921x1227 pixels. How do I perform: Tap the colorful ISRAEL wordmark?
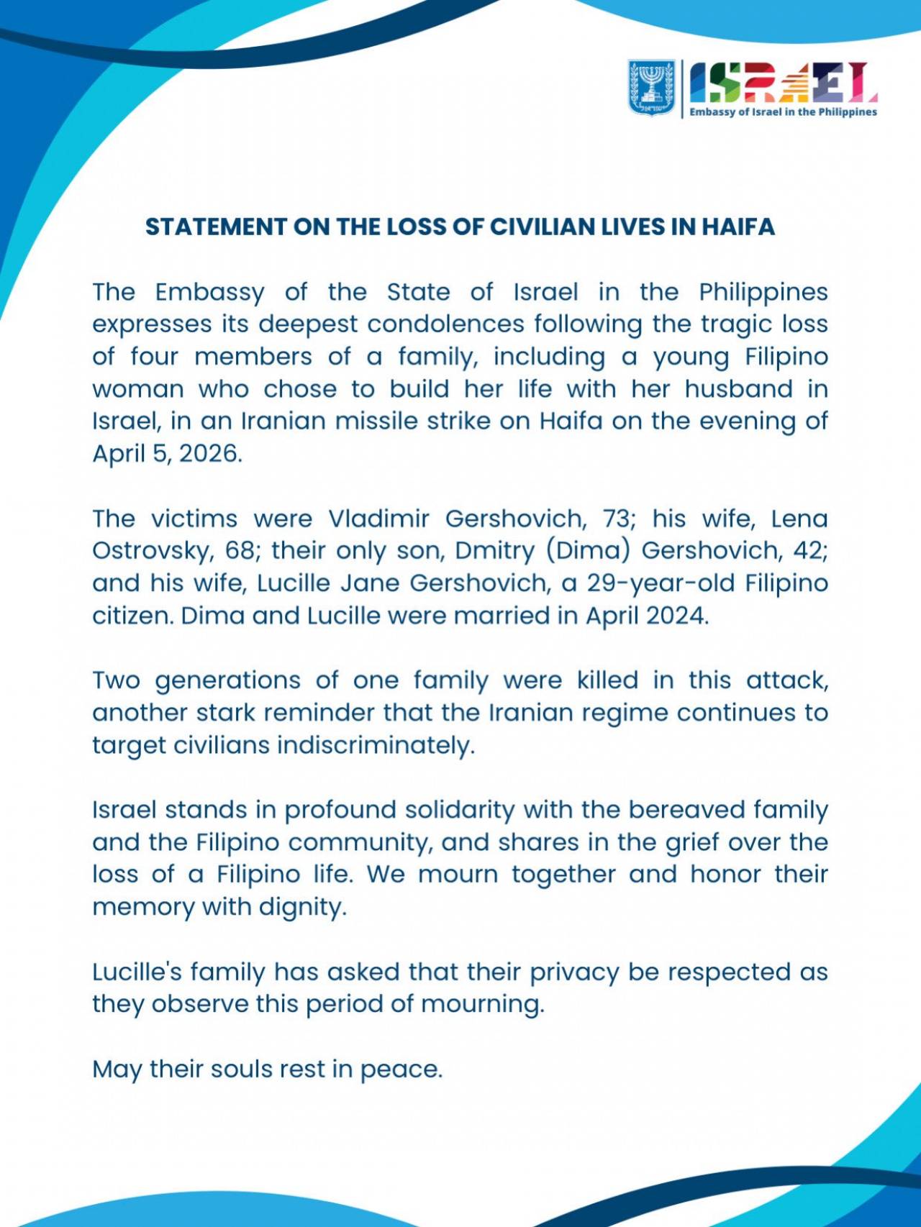[783, 83]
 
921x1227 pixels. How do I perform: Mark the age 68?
[241, 551]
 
